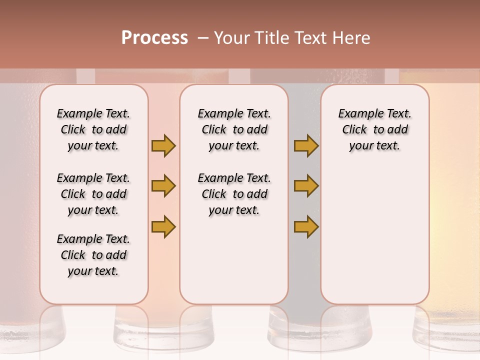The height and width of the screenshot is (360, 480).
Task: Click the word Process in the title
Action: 154,38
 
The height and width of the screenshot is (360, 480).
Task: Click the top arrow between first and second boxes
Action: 163,145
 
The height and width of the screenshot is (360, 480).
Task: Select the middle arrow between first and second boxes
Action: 163,186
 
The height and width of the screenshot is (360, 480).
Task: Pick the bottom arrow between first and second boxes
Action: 163,226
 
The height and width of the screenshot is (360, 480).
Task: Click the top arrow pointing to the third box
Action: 306,145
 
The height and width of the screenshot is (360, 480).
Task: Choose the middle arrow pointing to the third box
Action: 306,186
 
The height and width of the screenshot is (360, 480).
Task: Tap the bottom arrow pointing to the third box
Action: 306,226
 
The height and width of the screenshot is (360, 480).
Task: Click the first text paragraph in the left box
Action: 93,129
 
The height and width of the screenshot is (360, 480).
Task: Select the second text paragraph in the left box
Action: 93,194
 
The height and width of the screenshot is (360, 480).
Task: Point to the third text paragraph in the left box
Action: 93,255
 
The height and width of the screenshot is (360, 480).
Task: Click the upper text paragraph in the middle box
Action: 234,129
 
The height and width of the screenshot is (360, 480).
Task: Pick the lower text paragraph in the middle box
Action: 234,194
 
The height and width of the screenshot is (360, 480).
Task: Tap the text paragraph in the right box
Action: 374,129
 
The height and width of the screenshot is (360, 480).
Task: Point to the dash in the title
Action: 202,38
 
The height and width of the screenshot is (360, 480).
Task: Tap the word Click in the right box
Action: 354,130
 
